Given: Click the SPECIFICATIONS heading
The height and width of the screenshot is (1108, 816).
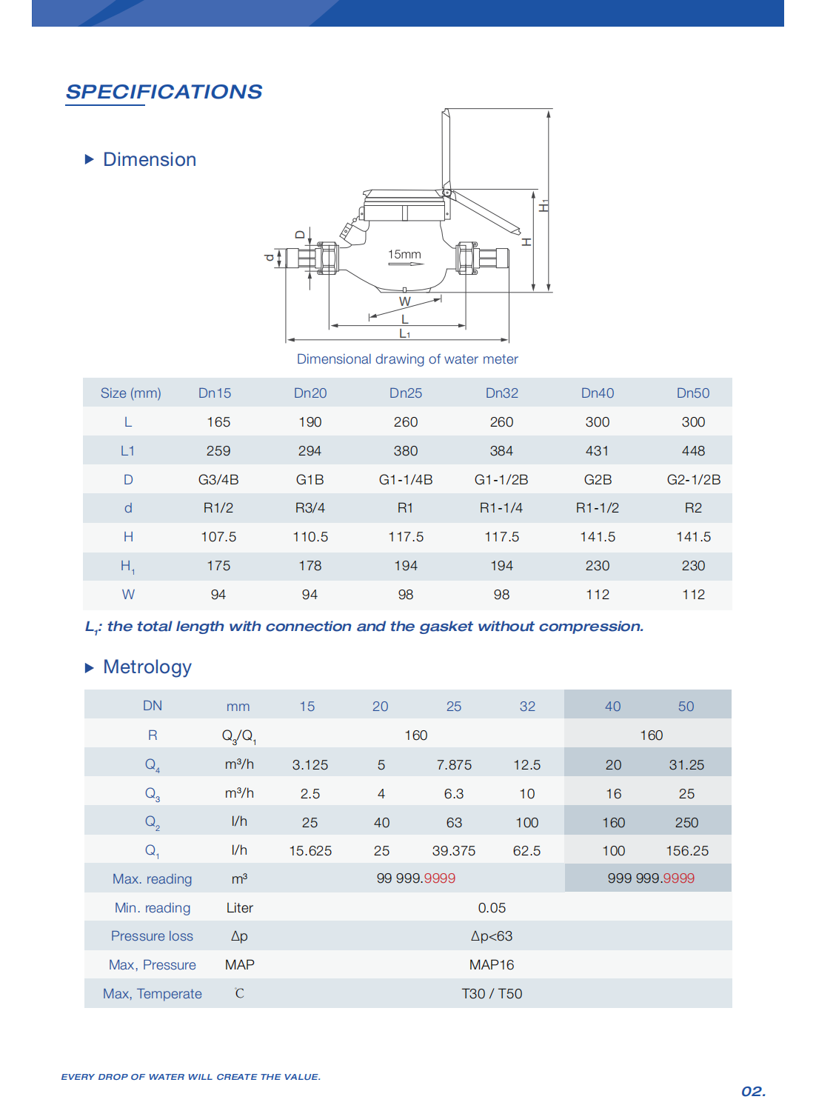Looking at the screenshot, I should [164, 92].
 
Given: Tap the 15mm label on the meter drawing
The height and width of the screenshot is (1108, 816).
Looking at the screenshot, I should [404, 255].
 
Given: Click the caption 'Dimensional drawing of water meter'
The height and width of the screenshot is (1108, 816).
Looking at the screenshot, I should [407, 359].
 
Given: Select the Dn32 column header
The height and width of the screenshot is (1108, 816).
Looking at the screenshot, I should [501, 393].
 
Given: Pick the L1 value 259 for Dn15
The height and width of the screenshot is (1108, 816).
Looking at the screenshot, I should [218, 451].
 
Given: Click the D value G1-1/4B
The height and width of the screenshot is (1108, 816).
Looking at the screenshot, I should [406, 480].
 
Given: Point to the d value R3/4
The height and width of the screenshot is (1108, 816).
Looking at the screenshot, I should [310, 508].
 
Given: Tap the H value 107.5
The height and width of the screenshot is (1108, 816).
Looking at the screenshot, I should [218, 537].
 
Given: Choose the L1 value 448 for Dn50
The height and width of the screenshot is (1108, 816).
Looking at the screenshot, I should [693, 451].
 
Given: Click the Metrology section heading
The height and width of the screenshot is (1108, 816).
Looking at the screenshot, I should [147, 667].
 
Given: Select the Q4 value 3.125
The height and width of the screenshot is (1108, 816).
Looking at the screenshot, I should [310, 765].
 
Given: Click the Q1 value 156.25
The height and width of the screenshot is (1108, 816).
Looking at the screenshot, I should [686, 851].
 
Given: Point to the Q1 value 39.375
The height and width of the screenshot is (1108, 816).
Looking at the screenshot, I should [453, 851].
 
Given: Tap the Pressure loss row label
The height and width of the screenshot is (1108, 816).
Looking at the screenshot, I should [152, 936].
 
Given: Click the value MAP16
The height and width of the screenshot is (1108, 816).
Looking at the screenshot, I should [491, 965].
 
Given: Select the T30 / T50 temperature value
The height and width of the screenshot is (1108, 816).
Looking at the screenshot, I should [492, 994].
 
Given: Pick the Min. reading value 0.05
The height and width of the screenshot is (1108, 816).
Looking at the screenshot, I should [492, 908].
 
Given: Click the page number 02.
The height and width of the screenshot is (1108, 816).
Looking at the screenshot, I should [753, 1092].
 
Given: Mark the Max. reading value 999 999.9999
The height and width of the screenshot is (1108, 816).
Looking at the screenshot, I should [651, 878].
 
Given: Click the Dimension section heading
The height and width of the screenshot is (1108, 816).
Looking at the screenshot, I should [150, 160].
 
